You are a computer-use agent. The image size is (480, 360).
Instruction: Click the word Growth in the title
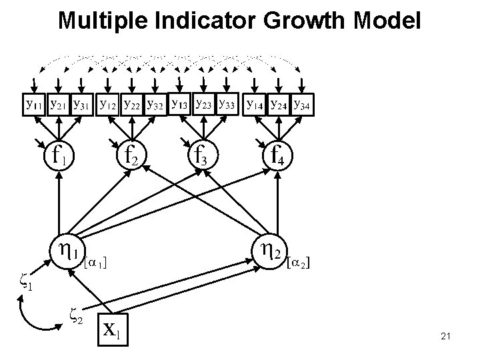[x=296, y=21]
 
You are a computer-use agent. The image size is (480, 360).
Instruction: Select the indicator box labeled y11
[x=33, y=105]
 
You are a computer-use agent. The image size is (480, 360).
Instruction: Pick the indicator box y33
[x=227, y=104]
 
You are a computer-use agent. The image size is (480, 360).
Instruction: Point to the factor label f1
[x=55, y=156]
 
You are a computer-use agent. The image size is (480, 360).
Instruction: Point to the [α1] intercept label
[x=95, y=263]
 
